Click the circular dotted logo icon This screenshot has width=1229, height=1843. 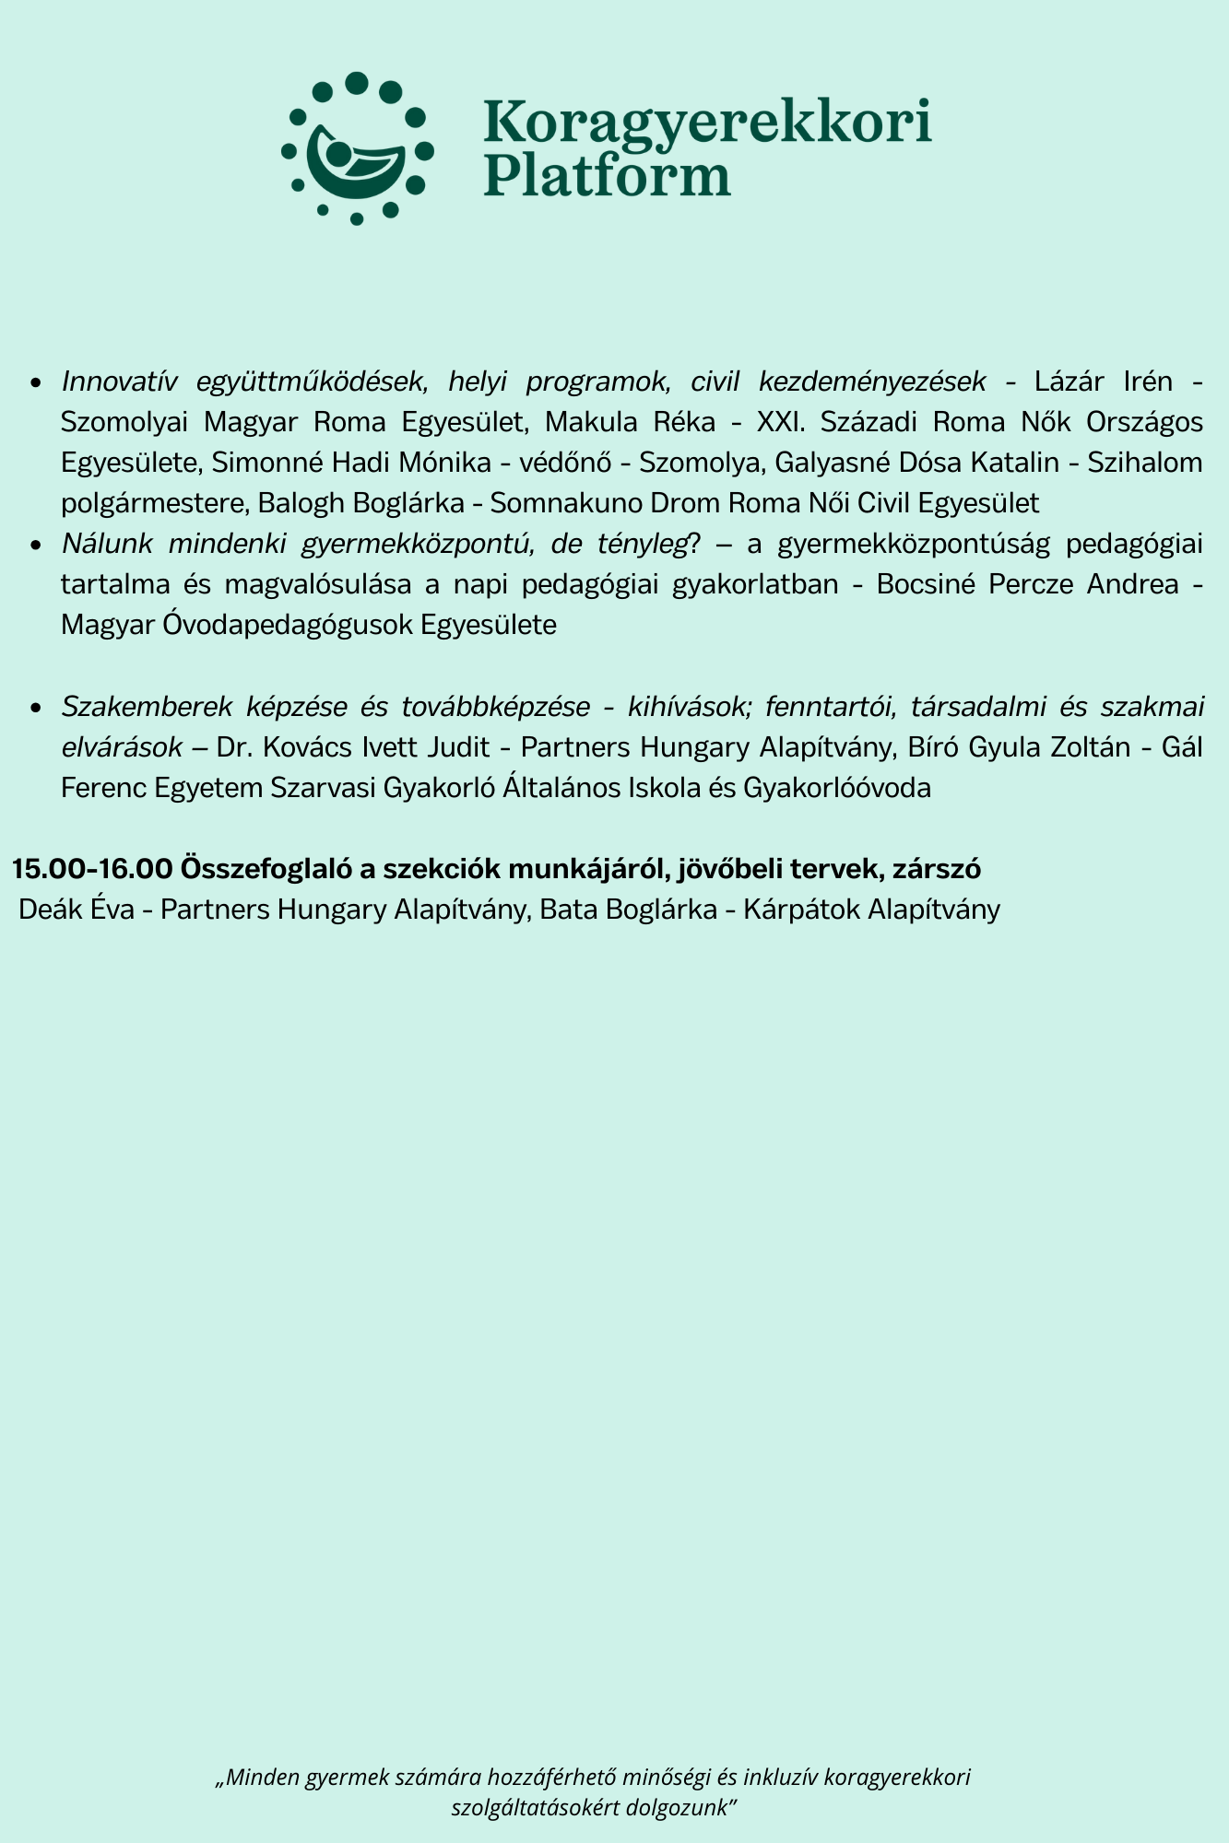pyautogui.click(x=357, y=148)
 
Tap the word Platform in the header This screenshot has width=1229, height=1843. pyautogui.click(x=607, y=175)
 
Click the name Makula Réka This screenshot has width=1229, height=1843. pyautogui.click(x=630, y=422)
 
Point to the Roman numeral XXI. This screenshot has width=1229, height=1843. pyautogui.click(x=778, y=422)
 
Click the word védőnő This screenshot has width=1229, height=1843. pyautogui.click(x=561, y=463)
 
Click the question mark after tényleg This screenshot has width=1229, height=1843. pyautogui.click(x=695, y=544)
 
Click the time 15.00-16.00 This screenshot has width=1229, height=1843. pyautogui.click(x=92, y=868)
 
